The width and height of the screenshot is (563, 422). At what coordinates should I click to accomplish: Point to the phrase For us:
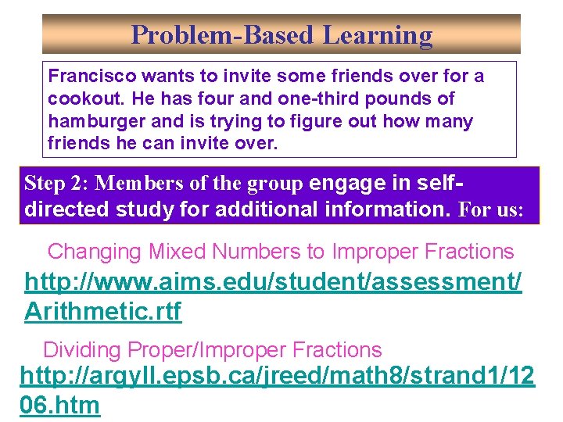493,210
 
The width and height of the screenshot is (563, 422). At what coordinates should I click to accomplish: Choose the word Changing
95,252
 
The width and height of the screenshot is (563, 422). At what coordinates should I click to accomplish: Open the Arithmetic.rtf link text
102,311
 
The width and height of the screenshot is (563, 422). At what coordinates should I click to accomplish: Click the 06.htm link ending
60,405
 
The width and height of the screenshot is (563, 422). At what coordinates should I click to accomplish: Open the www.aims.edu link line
273,282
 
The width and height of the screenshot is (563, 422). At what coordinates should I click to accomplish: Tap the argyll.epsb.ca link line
277,376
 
